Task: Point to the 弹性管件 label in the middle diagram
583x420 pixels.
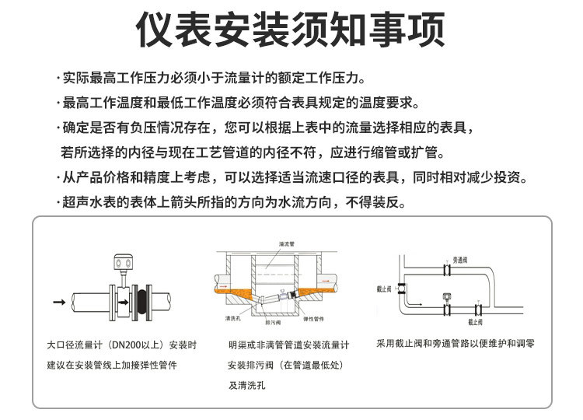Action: coord(313,319)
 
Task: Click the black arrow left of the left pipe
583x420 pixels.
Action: coord(58,300)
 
